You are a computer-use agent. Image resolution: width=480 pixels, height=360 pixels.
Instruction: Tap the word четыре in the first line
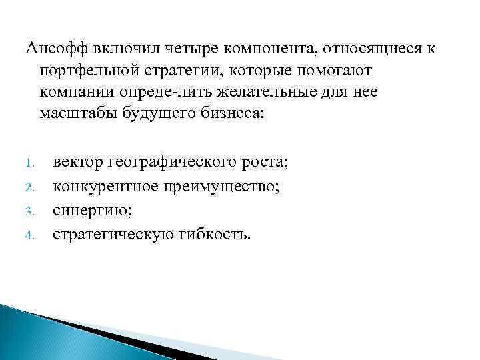(x=181, y=48)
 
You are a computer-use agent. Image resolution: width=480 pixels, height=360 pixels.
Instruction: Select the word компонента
(x=262, y=48)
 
